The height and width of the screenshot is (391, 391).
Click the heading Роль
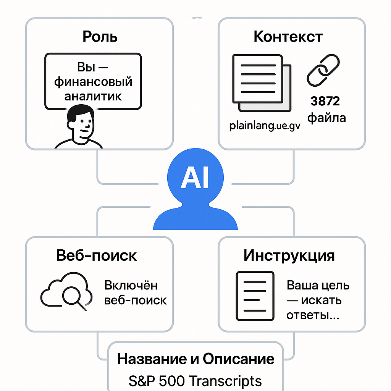click(100, 37)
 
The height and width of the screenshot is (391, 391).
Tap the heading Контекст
click(288, 37)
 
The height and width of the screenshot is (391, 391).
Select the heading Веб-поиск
click(97, 255)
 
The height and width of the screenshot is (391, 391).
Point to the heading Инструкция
click(289, 255)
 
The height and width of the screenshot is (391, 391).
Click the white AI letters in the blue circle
click(195, 178)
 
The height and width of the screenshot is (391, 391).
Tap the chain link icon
click(323, 71)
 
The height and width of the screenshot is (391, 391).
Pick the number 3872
click(325, 101)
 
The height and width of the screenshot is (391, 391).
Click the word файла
click(326, 118)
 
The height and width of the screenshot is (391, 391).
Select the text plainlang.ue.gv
click(265, 126)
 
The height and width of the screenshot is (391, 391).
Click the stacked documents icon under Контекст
click(261, 83)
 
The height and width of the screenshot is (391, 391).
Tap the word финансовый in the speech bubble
click(93, 82)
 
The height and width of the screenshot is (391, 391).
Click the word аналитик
click(93, 95)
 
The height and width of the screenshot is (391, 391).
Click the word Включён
click(131, 285)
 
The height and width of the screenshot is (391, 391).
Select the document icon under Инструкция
click(255, 296)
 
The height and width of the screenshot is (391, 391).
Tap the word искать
click(321, 301)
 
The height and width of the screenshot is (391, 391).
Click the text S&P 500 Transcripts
click(195, 381)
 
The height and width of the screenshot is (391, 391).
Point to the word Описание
click(239, 359)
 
